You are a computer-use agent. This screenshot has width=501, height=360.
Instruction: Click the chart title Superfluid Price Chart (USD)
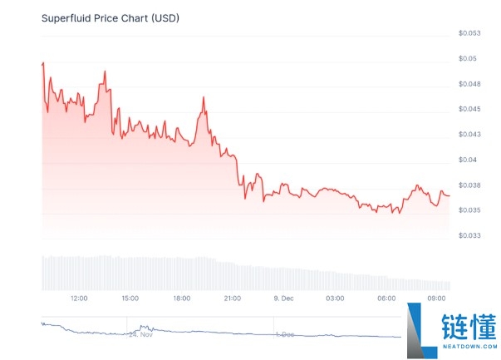coord(110,17)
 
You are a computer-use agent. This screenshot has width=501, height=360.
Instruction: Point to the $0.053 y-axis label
coord(469,33)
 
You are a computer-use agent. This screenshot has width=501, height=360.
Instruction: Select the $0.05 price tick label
coord(467,58)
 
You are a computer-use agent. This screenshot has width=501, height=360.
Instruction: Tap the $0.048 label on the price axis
coord(469,84)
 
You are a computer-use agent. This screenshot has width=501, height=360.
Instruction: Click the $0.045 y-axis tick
coord(469,109)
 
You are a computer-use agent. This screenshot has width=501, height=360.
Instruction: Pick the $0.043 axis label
coord(469,134)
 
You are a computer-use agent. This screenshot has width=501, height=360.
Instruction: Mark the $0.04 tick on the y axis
coord(467,160)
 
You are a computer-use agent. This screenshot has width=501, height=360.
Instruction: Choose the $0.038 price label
coord(469,185)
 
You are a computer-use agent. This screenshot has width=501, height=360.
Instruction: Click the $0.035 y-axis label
coord(469,210)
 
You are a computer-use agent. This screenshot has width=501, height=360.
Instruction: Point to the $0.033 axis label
coord(469,235)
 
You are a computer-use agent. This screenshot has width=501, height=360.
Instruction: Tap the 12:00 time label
coord(79,298)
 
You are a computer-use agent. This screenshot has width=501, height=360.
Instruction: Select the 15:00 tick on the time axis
coord(130,298)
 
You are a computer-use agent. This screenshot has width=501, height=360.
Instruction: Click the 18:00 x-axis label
coord(181,298)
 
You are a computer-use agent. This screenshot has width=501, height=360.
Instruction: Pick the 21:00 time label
coord(233,298)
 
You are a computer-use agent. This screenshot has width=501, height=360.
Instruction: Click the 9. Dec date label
coord(283,298)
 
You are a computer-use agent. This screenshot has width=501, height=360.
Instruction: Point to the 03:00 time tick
coord(335,298)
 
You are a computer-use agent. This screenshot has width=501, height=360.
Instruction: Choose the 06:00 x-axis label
coord(386,298)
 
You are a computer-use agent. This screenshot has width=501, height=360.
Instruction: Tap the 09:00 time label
coord(438,298)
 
